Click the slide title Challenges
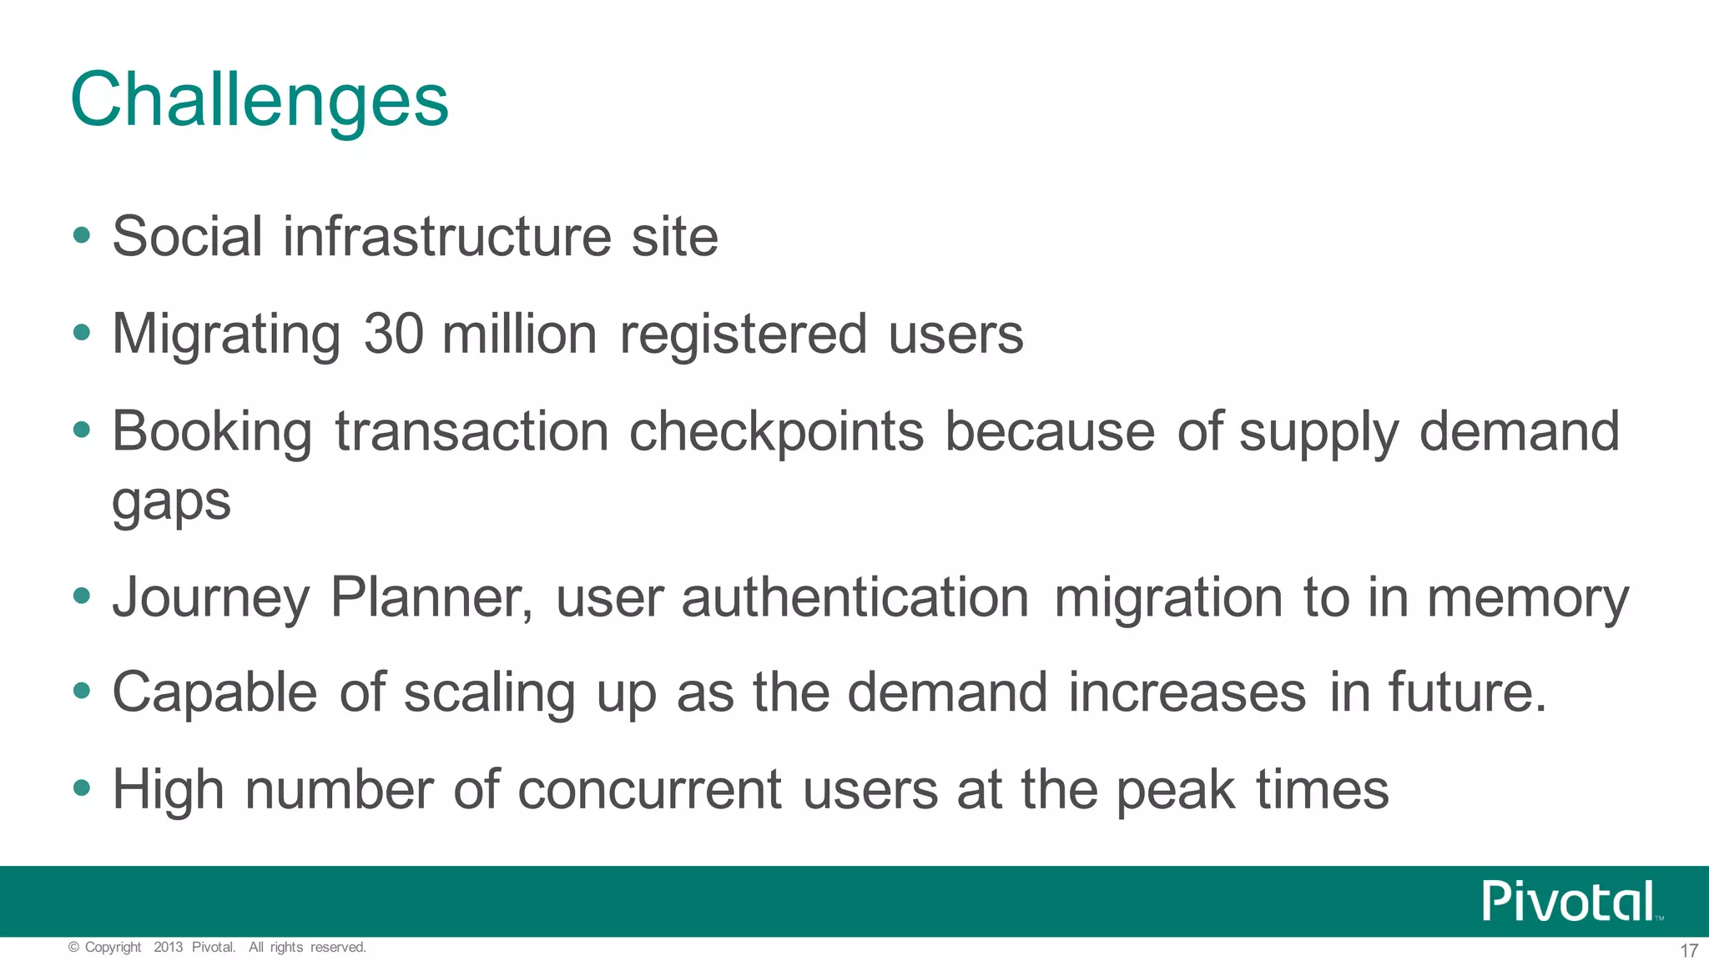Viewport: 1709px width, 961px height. [x=260, y=100]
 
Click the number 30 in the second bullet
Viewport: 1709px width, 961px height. [x=394, y=334]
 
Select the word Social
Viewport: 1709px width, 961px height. [x=188, y=236]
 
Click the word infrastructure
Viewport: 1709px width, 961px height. [x=447, y=236]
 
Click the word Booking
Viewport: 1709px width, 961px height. [x=212, y=433]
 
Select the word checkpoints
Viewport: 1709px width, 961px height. [x=776, y=433]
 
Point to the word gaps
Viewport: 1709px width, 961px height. [x=171, y=503]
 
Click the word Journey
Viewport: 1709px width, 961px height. [x=211, y=599]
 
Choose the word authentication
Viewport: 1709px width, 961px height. [x=855, y=597]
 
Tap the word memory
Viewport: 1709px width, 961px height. [x=1527, y=599]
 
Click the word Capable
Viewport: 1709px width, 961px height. [x=214, y=692]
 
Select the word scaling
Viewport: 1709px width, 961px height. [x=489, y=694]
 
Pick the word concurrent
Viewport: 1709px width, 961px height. [x=649, y=790]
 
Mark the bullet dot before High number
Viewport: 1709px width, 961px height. [x=81, y=787]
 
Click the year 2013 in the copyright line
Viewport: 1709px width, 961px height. [x=168, y=947]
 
